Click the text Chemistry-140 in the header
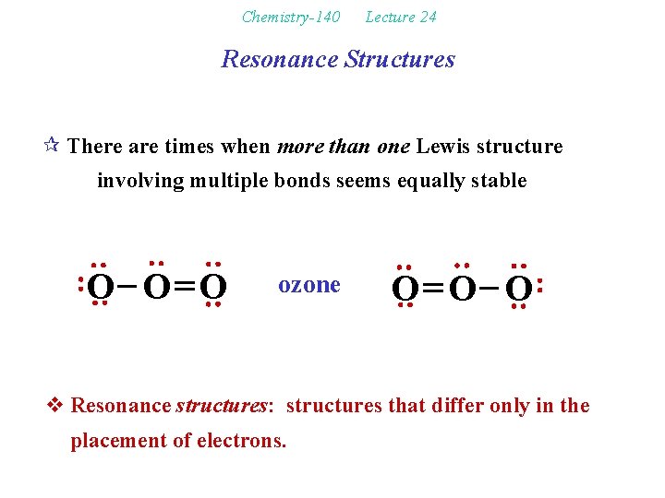coord(290,17)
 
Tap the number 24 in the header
coord(427,17)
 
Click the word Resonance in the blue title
coord(280,60)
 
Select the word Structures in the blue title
coord(399,60)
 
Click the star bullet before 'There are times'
coord(54,146)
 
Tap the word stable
coord(499,181)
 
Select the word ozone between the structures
coord(309,285)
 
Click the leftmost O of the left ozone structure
coord(100,288)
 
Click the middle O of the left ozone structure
coord(156,288)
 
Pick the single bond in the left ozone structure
coord(128,288)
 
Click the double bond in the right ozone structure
coord(433,290)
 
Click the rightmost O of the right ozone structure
coord(518,290)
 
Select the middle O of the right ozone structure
coord(462,290)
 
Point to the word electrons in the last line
coord(243,441)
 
